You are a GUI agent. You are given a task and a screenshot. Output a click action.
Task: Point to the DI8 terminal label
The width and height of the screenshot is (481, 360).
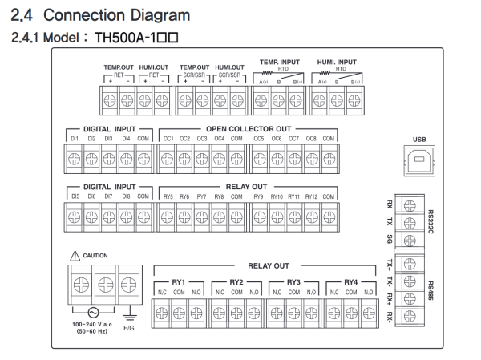click(126, 196)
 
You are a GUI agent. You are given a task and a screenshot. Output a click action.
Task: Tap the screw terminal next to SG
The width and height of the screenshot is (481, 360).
click(410, 240)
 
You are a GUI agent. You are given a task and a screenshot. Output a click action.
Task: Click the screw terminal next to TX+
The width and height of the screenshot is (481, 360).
click(410, 264)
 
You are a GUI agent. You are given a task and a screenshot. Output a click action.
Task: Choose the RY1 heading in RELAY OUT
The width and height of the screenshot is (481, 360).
click(178, 282)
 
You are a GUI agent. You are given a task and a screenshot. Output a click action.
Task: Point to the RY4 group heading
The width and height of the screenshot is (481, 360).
click(351, 282)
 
